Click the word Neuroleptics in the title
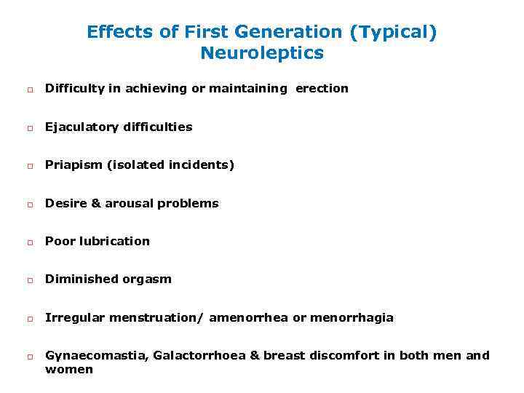point(262,53)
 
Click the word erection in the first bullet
point(322,89)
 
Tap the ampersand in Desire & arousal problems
point(96,204)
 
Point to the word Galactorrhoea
point(188,356)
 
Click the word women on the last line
point(69,370)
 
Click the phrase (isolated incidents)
point(171,165)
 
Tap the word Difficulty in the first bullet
point(74,89)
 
